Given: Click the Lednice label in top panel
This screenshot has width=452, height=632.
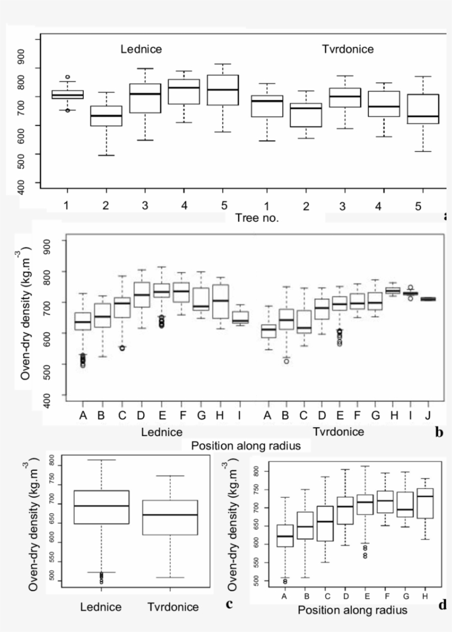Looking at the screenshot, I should pyautogui.click(x=142, y=49).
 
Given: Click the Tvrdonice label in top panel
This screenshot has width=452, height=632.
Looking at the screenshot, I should pyautogui.click(x=348, y=49).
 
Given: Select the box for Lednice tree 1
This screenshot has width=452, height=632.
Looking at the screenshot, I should pyautogui.click(x=67, y=94).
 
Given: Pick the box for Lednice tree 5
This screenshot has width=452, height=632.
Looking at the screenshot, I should pyautogui.click(x=223, y=90).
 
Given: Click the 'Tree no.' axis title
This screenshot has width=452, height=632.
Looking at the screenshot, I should pyautogui.click(x=257, y=217).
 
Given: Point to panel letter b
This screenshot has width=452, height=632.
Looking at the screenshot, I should pyautogui.click(x=439, y=432).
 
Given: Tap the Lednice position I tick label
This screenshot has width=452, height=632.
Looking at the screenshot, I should pyautogui.click(x=240, y=415).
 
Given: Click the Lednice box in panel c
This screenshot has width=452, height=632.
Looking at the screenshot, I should pyautogui.click(x=101, y=507).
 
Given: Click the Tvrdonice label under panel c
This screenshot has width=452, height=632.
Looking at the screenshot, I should pyautogui.click(x=173, y=607).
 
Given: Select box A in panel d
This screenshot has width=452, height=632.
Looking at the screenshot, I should pyautogui.click(x=285, y=535).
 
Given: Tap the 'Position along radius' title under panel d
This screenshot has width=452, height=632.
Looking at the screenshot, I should pyautogui.click(x=352, y=610).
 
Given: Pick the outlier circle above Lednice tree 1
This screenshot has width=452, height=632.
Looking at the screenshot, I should pyautogui.click(x=67, y=77).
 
